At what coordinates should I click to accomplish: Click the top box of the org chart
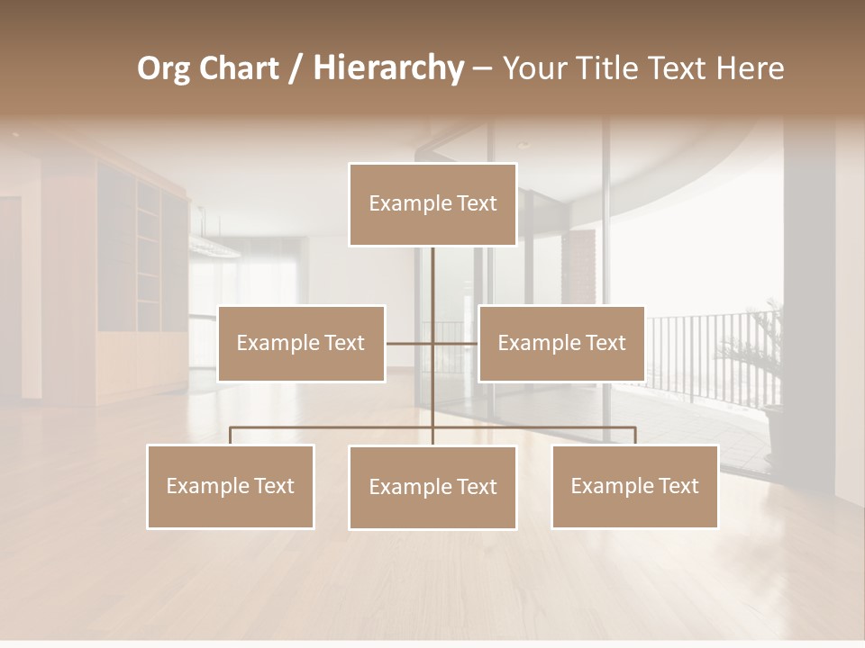(432, 204)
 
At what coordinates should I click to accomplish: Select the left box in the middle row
(301, 343)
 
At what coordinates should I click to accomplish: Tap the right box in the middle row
(561, 343)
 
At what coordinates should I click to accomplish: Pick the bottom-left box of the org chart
(231, 486)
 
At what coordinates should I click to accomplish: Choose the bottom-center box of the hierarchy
(432, 487)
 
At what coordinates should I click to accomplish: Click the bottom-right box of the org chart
(634, 486)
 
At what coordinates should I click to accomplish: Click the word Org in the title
(163, 68)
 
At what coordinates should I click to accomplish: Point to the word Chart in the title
(239, 68)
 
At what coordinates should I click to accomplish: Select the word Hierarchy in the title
(387, 68)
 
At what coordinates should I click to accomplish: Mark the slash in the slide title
(295, 69)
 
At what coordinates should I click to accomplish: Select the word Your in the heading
(533, 68)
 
